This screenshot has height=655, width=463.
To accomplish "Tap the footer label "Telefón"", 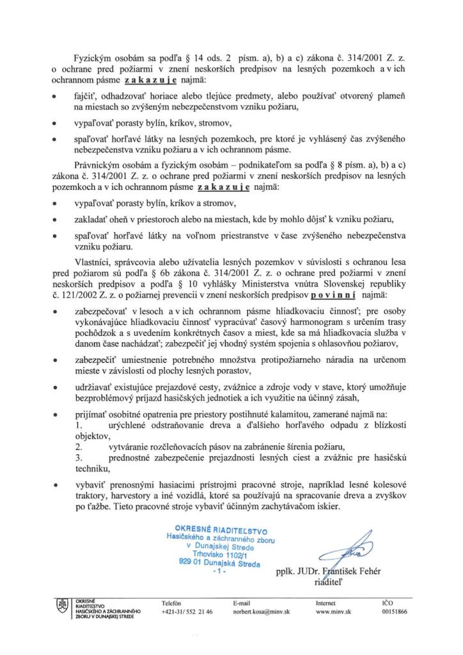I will pyautogui.click(x=172, y=603).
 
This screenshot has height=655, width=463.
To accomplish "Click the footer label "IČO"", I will pyautogui.click(x=387, y=603).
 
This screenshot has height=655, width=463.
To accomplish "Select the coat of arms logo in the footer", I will pyautogui.click(x=63, y=605).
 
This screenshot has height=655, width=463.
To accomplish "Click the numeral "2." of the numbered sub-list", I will pyautogui.click(x=79, y=447).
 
